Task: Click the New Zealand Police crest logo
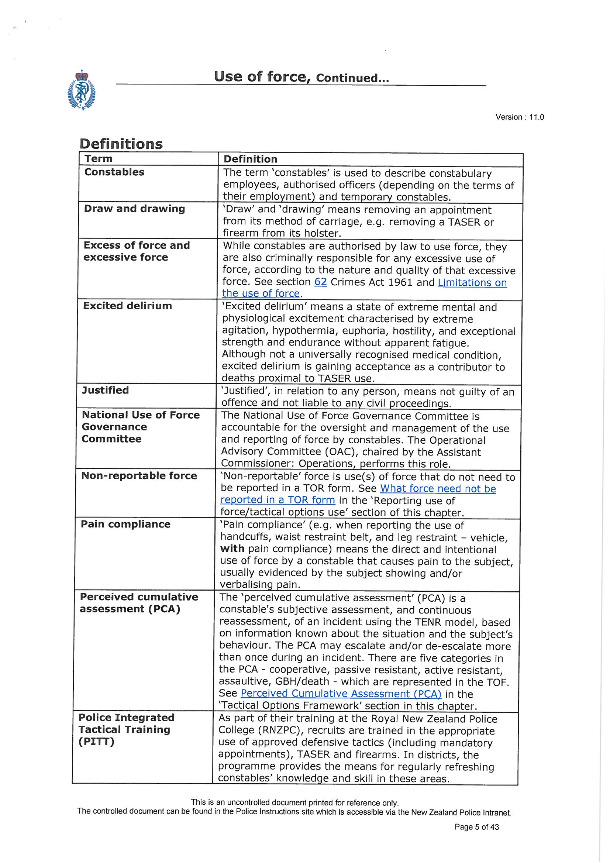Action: (x=81, y=90)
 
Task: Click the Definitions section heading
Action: (x=121, y=144)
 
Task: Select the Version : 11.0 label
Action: (x=520, y=117)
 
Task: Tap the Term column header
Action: (x=99, y=159)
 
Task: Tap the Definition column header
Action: (x=250, y=159)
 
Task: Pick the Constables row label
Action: (x=114, y=172)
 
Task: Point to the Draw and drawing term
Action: (x=134, y=209)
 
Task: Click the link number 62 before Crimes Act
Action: (x=320, y=282)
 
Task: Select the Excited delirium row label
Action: (x=127, y=306)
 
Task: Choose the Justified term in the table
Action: (x=105, y=390)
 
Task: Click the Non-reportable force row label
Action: (x=139, y=475)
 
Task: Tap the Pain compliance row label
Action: (x=125, y=524)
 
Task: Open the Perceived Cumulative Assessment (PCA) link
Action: (x=341, y=693)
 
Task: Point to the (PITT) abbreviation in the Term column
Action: (x=96, y=742)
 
